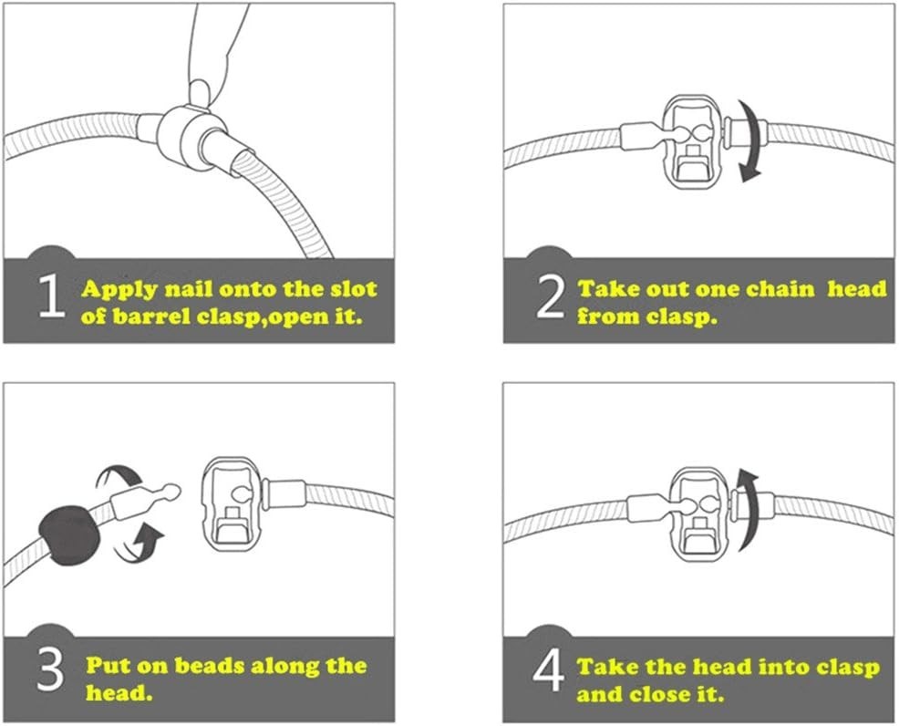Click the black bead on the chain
click(69, 535)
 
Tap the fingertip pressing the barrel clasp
click(201, 92)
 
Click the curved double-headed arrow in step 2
click(749, 140)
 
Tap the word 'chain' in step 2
click(782, 288)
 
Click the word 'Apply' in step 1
click(119, 290)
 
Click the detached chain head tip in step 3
click(170, 491)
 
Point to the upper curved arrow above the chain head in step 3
click(119, 477)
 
